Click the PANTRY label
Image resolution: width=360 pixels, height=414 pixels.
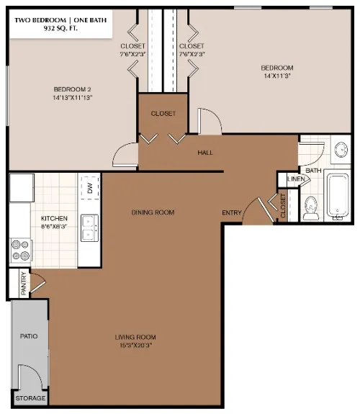coord(23,282)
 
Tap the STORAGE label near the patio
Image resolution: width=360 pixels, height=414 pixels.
coord(30,398)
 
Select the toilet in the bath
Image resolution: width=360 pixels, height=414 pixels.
coord(311,207)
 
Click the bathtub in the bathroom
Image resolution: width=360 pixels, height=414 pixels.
coord(337,195)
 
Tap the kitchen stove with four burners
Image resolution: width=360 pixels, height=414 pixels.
coord(20,249)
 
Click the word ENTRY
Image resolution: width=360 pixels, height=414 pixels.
coord(232,212)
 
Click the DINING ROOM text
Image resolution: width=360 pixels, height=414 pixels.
coord(153,212)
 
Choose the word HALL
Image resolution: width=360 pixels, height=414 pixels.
coord(205,153)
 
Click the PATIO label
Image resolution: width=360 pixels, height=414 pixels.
coord(29,336)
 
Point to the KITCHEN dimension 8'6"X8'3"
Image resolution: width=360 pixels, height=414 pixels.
coord(54,225)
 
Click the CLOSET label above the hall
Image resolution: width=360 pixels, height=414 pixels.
coord(163,114)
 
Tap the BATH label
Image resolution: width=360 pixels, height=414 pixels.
coord(313,171)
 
